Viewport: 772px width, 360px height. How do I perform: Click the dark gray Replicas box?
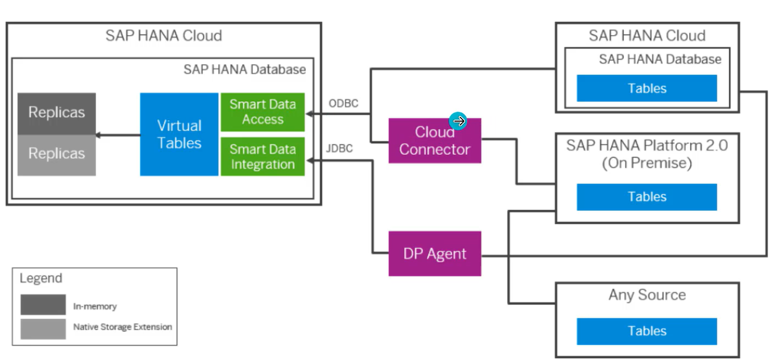[x=57, y=113]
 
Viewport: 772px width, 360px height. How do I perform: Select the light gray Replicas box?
[x=57, y=154]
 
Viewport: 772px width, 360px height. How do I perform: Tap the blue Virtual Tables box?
[x=179, y=134]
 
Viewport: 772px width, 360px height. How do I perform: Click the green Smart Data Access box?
[x=262, y=112]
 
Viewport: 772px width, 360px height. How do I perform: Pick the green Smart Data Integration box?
[x=262, y=156]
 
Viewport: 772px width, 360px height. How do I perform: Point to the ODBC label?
[x=344, y=103]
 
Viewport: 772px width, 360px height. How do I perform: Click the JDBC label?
[x=339, y=148]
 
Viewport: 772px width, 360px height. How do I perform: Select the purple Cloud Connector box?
[x=434, y=141]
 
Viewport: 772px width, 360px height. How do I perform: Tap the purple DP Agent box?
[x=434, y=254]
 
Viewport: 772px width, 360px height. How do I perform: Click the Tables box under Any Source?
[x=647, y=331]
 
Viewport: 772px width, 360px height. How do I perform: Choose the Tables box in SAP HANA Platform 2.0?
[x=647, y=197]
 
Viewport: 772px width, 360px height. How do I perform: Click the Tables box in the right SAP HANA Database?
[x=647, y=88]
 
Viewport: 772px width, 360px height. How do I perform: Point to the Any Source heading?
[x=647, y=295]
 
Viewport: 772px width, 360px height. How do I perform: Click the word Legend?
[x=41, y=278]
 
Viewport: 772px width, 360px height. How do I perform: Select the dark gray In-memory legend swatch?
[x=43, y=305]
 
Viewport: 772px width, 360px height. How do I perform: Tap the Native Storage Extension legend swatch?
[x=43, y=329]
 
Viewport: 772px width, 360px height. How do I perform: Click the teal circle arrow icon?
[x=458, y=121]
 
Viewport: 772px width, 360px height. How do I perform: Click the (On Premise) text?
[x=647, y=163]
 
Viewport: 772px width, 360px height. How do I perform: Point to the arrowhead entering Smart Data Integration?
[x=309, y=160]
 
